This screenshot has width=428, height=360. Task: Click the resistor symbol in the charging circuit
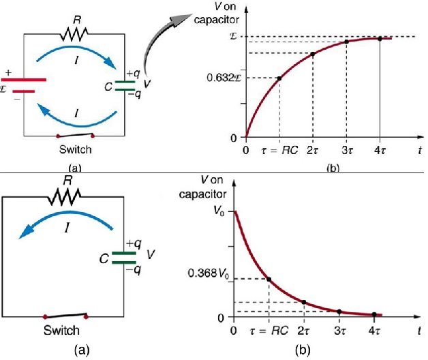point(74,34)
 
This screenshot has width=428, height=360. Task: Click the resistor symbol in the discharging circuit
point(65,196)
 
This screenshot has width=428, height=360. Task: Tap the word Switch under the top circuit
point(76,150)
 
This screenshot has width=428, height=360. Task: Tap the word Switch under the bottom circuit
point(62,330)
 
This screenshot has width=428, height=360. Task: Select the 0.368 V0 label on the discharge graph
point(209,273)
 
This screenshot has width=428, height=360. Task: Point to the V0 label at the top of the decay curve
point(219,211)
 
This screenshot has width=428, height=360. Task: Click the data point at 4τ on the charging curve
point(380,39)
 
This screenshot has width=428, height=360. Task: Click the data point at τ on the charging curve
point(279,78)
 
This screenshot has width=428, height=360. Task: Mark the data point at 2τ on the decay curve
point(304,302)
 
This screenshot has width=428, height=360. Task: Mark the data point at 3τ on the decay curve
point(339,312)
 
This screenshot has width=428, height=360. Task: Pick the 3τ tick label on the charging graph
point(347,150)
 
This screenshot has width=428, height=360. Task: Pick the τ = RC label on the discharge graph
point(269,331)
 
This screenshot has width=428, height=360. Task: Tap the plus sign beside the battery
point(8,73)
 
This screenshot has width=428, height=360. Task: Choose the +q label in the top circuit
point(133,74)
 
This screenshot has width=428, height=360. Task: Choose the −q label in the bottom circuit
point(134,271)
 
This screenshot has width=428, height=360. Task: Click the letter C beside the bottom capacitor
point(104,258)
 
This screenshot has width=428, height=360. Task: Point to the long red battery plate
point(24,80)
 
